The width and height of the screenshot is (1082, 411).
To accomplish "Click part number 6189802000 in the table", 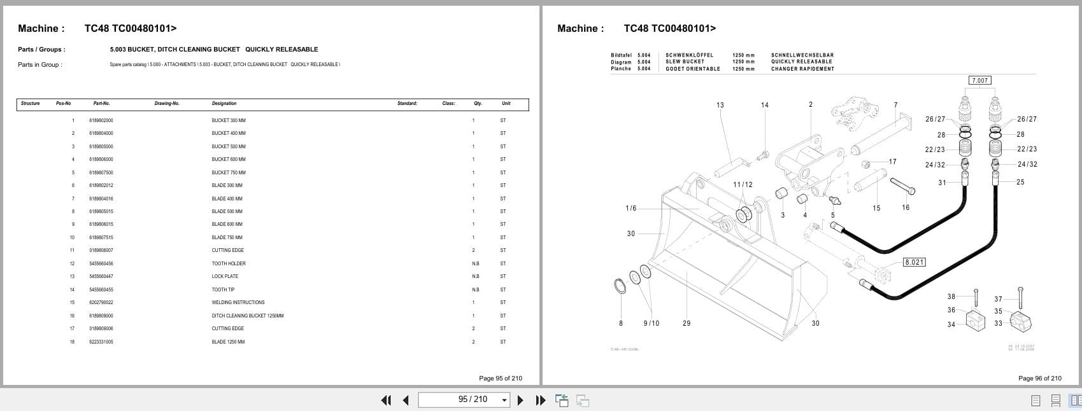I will pos(101,120).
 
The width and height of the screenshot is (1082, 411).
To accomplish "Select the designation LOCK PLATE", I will pos(225,276).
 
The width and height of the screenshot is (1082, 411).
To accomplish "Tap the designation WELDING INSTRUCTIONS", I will pos(238,302).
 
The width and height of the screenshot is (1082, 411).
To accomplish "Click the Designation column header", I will pos(224,103).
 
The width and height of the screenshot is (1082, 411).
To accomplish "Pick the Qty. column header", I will pos(478,103).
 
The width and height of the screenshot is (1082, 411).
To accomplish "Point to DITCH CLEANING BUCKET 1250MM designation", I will pos(247,316).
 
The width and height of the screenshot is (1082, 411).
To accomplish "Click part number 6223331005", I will pos(101,342).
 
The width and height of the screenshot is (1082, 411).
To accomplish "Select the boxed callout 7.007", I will pos(979,80).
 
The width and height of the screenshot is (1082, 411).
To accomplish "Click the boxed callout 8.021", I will pos(914,262).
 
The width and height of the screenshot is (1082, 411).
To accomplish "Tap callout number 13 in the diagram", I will pos(720,105).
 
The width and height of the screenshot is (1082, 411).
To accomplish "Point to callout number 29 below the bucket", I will pos(686,323).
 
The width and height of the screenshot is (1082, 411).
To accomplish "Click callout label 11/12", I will pos(742,185).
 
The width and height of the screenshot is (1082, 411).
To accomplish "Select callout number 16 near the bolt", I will pos(905,207).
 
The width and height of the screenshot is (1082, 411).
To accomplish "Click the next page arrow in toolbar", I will pos(520,400).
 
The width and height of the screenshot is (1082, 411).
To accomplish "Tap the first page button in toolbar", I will pos(385,400).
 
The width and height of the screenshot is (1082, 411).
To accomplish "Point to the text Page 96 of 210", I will pos(1039,378).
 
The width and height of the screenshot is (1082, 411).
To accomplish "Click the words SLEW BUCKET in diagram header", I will pos(685,62).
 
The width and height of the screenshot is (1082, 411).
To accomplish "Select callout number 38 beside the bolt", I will pos(951,296).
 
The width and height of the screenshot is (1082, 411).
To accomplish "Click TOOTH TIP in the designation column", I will pos(223,289).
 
